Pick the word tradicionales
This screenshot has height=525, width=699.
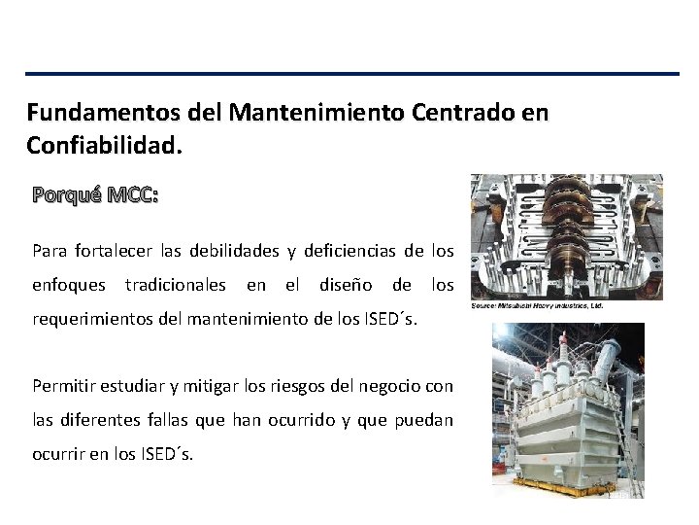click(176, 285)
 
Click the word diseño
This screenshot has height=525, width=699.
click(342, 285)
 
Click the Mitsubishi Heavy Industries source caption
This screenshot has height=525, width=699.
click(537, 305)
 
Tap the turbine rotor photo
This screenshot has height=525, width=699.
click(566, 236)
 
